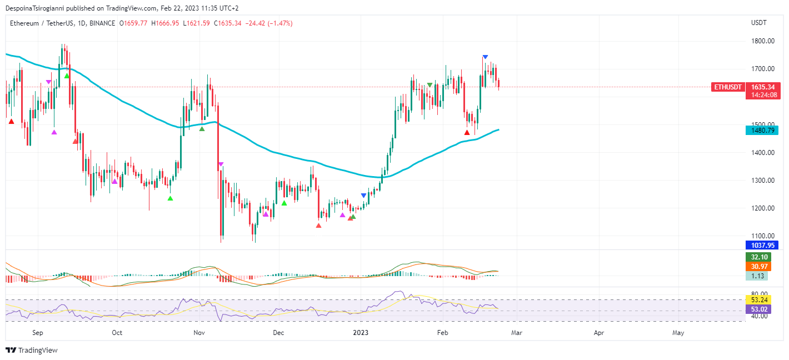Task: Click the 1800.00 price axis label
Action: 763,41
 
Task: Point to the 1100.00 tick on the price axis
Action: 763,236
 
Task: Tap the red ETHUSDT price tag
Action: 728,87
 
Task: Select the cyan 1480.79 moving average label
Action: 761,131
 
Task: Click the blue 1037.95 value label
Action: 761,245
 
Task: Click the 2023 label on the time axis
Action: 361,333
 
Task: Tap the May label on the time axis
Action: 678,333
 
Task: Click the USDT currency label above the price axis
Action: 758,23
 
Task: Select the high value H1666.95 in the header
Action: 164,23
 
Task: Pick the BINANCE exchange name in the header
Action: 101,23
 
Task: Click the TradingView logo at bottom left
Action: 32,351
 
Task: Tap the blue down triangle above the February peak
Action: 485,57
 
